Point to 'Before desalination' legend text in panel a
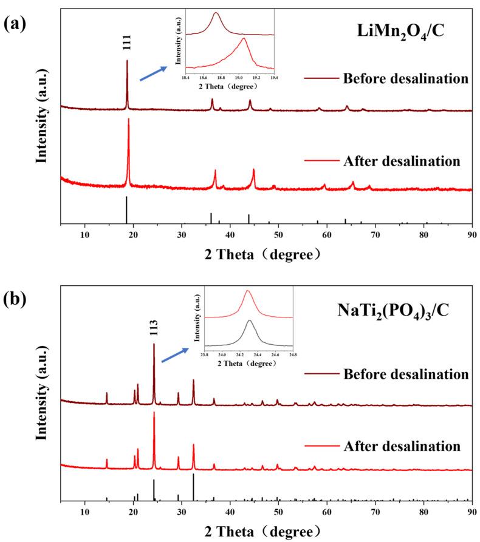pyautogui.click(x=405, y=79)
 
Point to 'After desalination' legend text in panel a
pyautogui.click(x=402, y=161)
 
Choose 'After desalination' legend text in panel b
pyautogui.click(x=402, y=446)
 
